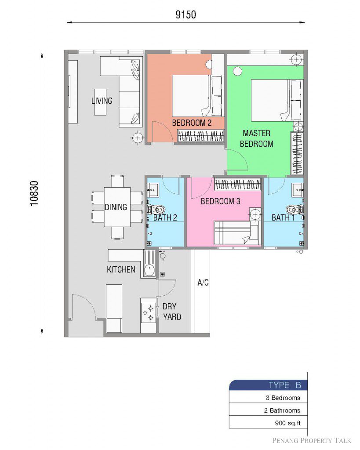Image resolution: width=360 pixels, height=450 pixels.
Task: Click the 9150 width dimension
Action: pyautogui.click(x=186, y=15)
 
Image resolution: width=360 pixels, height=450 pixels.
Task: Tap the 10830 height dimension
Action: pyautogui.click(x=34, y=193)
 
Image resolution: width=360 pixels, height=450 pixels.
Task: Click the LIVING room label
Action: pyautogui.click(x=102, y=101)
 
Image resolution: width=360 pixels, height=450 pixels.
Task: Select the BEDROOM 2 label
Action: pyautogui.click(x=192, y=123)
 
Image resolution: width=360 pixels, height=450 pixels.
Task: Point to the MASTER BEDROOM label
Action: pyautogui.click(x=256, y=138)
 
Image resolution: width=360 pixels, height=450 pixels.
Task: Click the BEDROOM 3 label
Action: pyautogui.click(x=220, y=201)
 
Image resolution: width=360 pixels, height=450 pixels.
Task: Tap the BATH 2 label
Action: pyautogui.click(x=165, y=218)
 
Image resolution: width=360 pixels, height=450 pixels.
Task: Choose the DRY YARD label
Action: pyautogui.click(x=172, y=312)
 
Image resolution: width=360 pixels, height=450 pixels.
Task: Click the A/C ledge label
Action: pyautogui.click(x=203, y=283)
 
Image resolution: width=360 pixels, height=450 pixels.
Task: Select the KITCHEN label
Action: pyautogui.click(x=121, y=269)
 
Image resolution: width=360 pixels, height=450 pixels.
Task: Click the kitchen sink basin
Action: pyautogui.click(x=149, y=270)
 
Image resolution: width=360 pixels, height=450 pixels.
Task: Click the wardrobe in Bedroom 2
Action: pyautogui.click(x=200, y=136)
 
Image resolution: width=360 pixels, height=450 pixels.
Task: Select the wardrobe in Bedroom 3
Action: pyautogui.click(x=237, y=184)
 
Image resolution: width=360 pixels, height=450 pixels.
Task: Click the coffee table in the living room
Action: pyautogui.click(x=100, y=102)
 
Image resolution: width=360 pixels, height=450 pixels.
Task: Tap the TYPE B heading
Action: pyautogui.click(x=284, y=385)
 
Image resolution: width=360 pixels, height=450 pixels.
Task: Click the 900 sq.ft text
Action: pyautogui.click(x=287, y=423)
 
